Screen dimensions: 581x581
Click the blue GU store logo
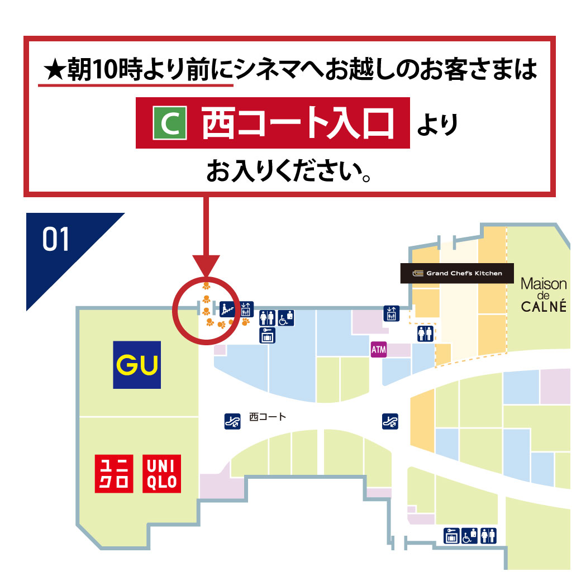coord(137,365)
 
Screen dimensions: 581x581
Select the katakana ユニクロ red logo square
coord(114,474)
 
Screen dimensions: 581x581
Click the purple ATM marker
coord(378,350)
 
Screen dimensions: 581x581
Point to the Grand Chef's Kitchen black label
coord(456,273)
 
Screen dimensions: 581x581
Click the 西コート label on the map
coord(267,417)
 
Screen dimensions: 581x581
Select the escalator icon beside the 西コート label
coord(232,421)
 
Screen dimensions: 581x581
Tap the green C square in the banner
coord(169,125)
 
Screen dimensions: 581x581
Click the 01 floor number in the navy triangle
coord(55,239)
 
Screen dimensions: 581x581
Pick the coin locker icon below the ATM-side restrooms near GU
coord(267,335)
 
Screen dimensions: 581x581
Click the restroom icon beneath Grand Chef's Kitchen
coord(425,334)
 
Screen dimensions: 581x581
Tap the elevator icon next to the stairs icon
coord(246,309)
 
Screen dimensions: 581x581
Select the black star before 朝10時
coord(54,70)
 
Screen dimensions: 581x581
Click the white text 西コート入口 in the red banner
coord(297,123)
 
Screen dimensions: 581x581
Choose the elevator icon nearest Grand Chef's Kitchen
coord(391,313)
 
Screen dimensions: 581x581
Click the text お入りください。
coord(290,172)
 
